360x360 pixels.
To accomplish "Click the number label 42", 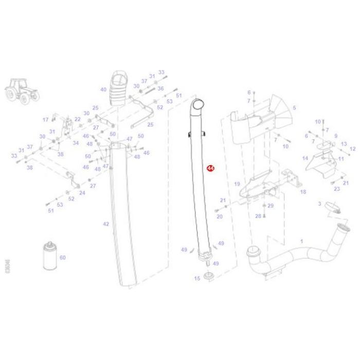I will pos(105,224).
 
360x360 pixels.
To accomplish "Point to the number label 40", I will pos(103,89).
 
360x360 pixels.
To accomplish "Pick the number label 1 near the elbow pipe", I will pos(301,241).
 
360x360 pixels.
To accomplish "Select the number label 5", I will pos(294,108).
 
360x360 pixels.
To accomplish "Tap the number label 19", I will pos(237,184).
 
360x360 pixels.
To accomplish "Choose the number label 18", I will pos(303,192).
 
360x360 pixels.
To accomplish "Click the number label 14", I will pos(305,158).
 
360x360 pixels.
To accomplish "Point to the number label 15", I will pos(196,278).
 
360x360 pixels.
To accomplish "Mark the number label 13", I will pos(344,144).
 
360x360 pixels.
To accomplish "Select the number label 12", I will pos(352,149).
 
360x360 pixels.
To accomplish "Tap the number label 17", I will pos(45,120).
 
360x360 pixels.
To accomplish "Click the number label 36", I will pos(160,88).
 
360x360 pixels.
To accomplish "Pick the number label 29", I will pos(271,206).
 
